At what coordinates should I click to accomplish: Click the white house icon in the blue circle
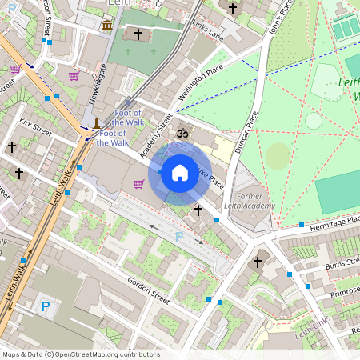[180, 173]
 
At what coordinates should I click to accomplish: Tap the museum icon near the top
[107, 26]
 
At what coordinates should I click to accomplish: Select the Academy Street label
[157, 134]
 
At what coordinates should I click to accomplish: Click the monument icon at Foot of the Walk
[96, 122]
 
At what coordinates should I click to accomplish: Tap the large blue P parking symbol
[46, 305]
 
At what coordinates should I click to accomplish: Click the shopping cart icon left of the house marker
[138, 184]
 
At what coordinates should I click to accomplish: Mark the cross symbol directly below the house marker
[198, 210]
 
